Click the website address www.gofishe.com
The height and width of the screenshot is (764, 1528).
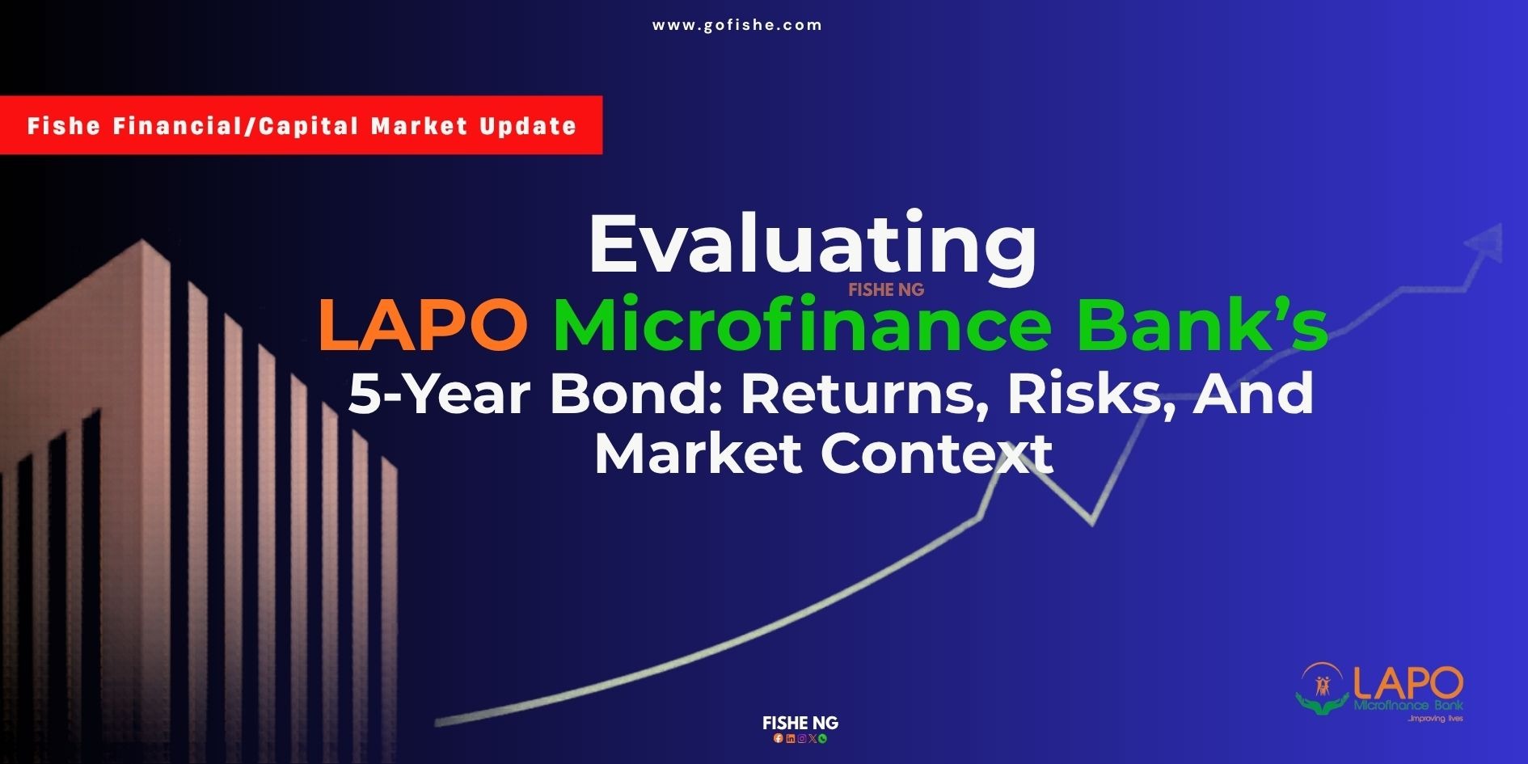pyautogui.click(x=737, y=25)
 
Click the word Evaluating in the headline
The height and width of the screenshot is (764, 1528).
pyautogui.click(x=813, y=246)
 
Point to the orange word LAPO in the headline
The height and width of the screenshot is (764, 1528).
pyautogui.click(x=423, y=326)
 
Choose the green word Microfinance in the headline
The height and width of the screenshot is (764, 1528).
pyautogui.click(x=802, y=325)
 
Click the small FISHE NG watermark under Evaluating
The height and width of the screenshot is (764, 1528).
pyautogui.click(x=886, y=289)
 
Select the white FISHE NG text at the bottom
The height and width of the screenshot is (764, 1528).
pyautogui.click(x=800, y=723)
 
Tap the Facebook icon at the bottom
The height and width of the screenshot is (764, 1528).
pyautogui.click(x=779, y=738)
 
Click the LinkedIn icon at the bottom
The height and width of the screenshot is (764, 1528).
pyautogui.click(x=790, y=738)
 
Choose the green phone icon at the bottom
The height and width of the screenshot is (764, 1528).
pyautogui.click(x=823, y=738)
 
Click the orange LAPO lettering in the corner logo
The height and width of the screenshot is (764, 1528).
pyautogui.click(x=1408, y=684)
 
